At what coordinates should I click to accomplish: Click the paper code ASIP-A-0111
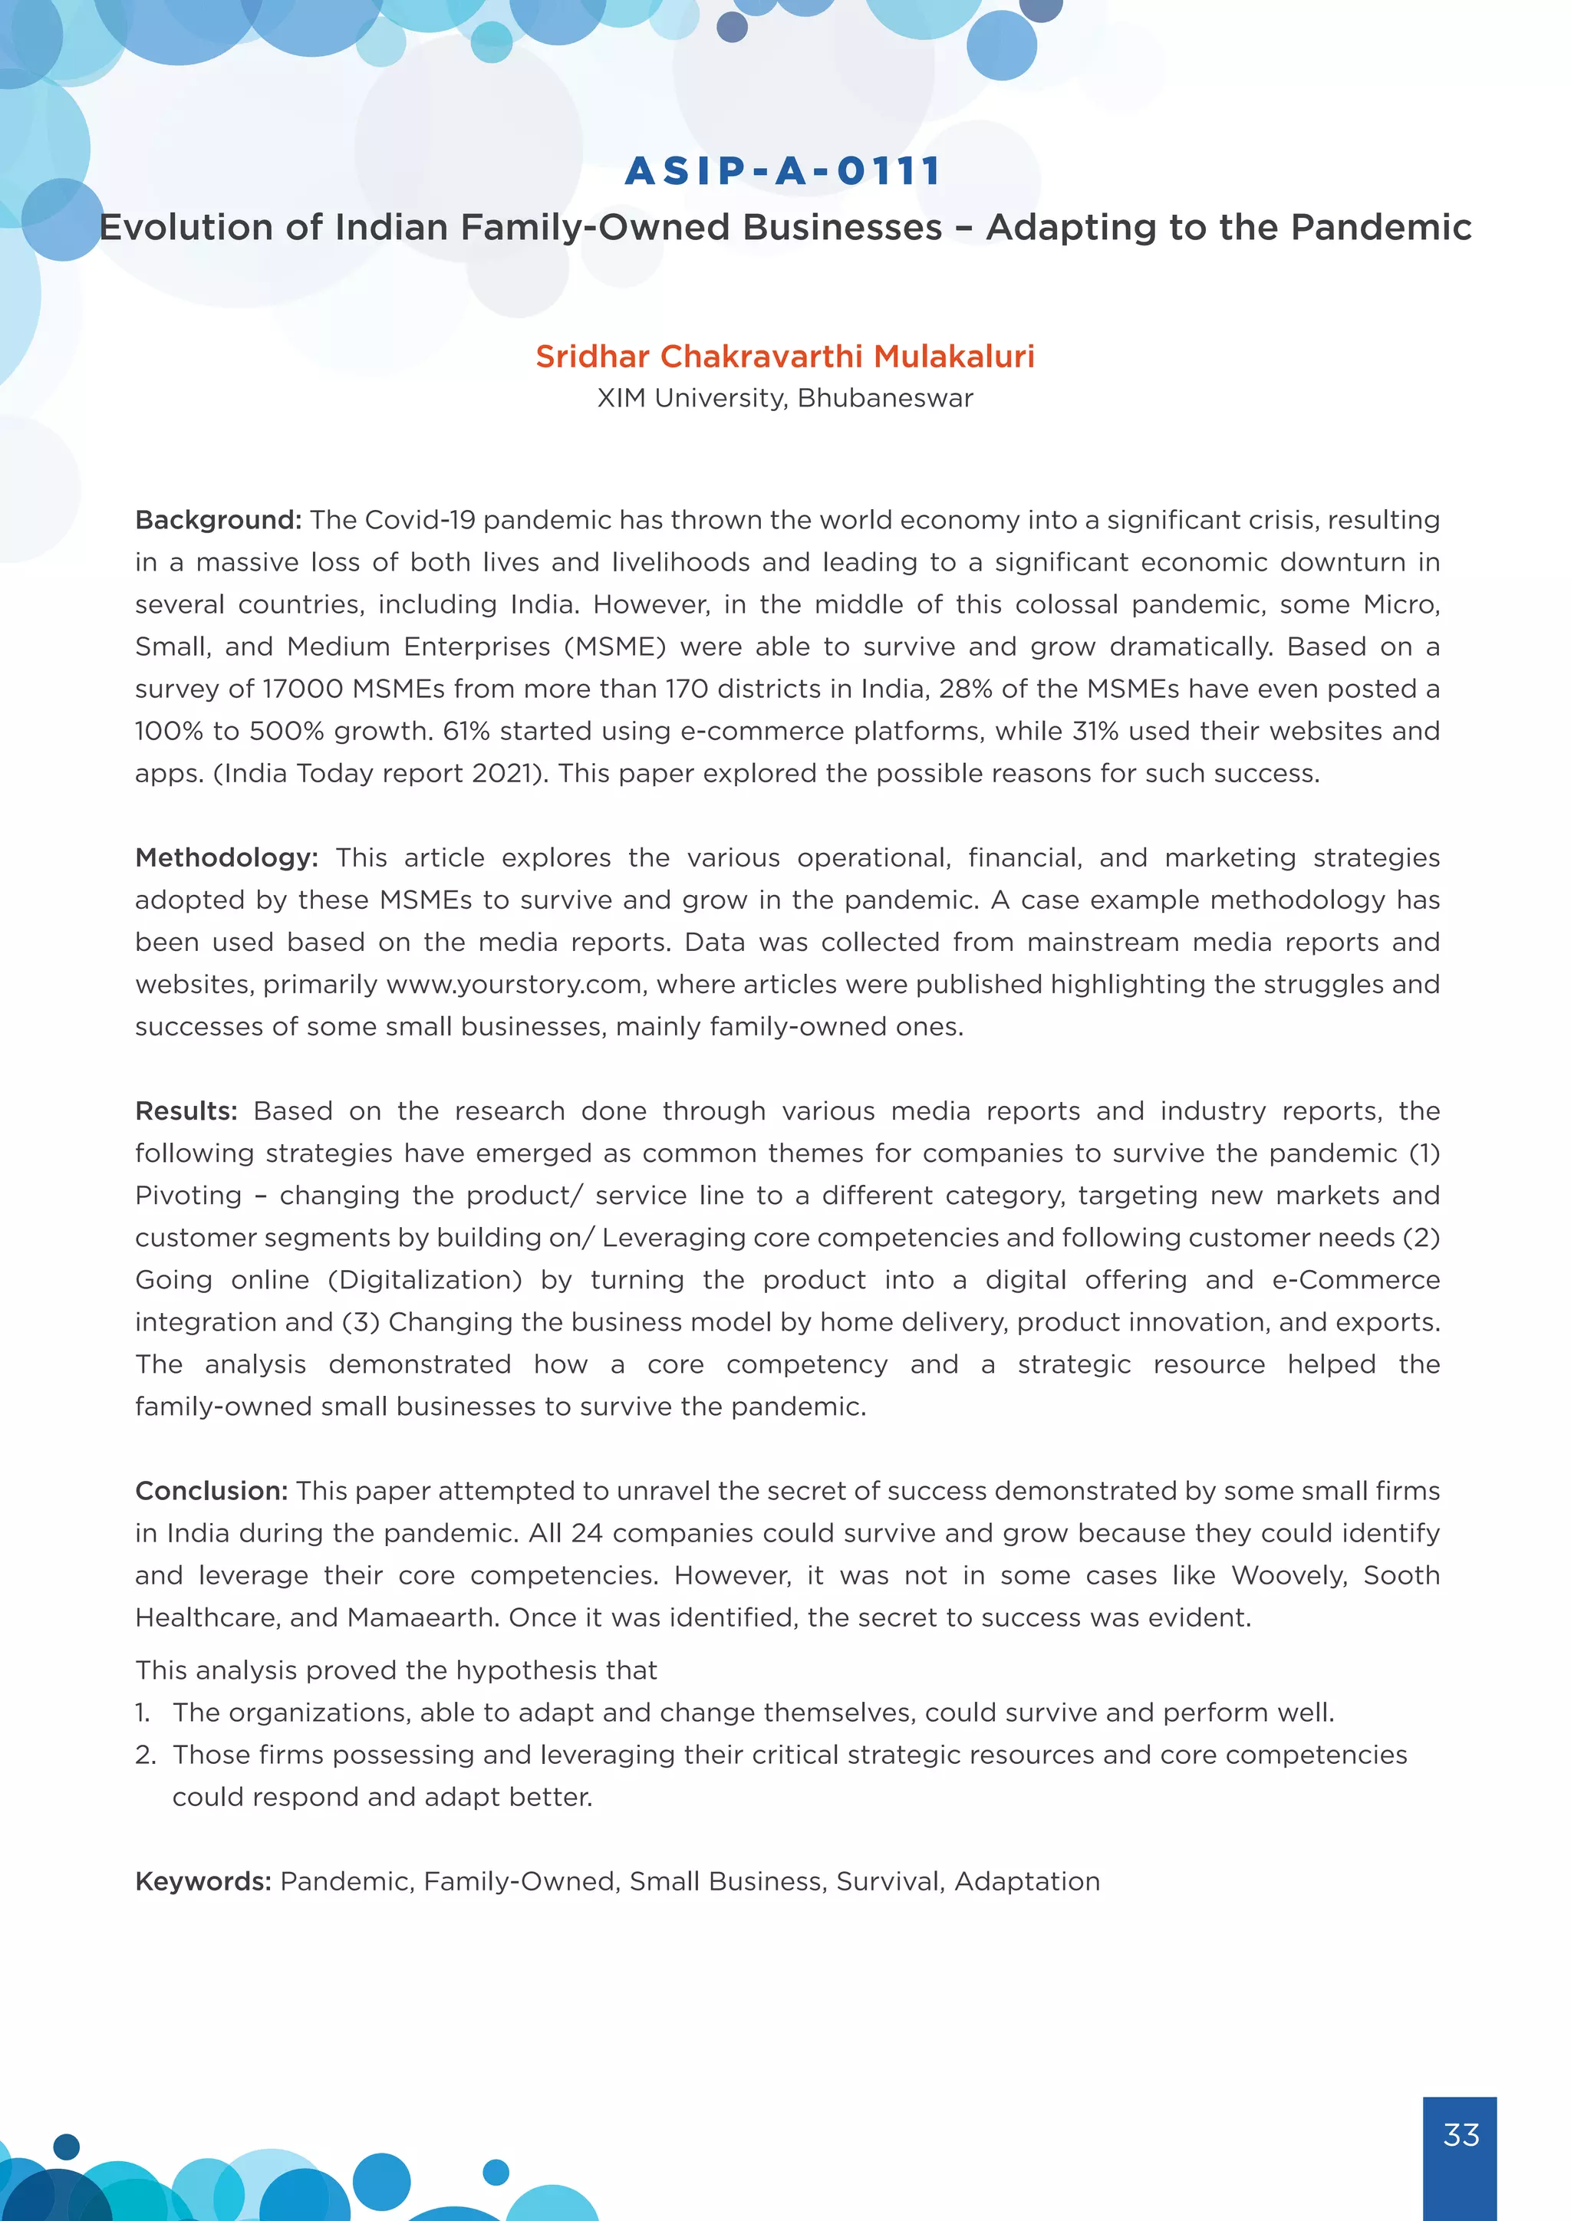[783, 171]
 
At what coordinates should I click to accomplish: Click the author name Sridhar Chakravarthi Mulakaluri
[785, 356]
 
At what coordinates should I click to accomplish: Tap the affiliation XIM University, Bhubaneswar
[785, 399]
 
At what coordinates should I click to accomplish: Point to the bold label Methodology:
[226, 858]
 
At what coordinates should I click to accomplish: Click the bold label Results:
[186, 1111]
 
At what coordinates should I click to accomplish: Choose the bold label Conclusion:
[212, 1492]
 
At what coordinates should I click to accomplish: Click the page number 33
[1460, 2135]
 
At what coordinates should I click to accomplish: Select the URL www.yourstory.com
[515, 985]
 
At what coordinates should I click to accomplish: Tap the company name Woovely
[1289, 1576]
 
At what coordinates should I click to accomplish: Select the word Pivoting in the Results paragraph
[189, 1196]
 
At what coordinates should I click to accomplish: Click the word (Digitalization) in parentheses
[425, 1280]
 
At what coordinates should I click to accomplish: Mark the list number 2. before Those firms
[145, 1755]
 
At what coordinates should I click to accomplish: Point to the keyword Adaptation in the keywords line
[1027, 1881]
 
